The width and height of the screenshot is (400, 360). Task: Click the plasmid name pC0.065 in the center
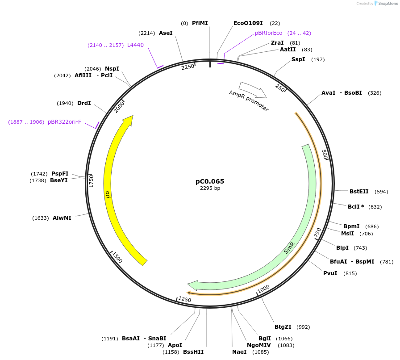tap(210, 181)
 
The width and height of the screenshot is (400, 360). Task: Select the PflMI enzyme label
tap(200, 23)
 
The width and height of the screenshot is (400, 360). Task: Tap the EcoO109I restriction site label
tap(248, 23)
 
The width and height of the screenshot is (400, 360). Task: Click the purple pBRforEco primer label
tap(268, 33)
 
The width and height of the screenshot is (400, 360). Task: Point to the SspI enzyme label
tap(298, 59)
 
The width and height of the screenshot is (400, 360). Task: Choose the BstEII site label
tap(359, 192)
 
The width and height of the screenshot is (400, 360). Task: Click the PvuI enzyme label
tap(330, 273)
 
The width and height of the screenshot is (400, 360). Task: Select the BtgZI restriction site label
tap(283, 327)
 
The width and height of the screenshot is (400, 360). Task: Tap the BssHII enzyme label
tap(193, 352)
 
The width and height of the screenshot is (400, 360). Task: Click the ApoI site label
tap(175, 345)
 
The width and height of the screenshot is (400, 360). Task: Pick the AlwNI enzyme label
tap(62, 218)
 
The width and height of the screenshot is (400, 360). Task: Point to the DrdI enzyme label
tap(84, 103)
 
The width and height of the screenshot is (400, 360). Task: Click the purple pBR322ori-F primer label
tap(65, 122)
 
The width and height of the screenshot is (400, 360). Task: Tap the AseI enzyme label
tap(166, 33)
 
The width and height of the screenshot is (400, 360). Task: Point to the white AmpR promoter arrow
tap(253, 90)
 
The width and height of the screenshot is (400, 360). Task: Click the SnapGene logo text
tap(387, 4)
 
